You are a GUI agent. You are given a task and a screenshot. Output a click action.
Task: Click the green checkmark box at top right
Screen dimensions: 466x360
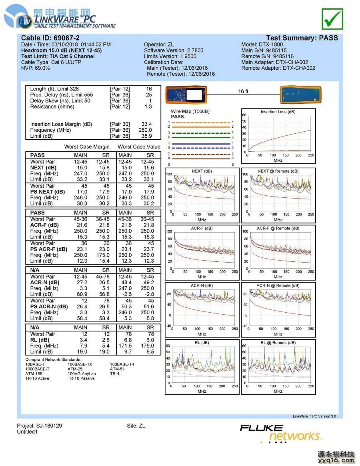click(x=332, y=18)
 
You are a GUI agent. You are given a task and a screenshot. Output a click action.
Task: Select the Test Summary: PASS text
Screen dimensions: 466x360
click(x=302, y=38)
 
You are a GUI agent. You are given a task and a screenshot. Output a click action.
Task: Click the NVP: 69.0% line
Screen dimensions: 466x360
click(x=36, y=68)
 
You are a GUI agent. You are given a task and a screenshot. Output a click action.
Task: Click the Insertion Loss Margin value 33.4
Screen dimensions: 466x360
click(x=147, y=124)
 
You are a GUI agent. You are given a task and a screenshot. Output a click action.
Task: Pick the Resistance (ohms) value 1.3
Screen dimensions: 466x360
click(x=148, y=106)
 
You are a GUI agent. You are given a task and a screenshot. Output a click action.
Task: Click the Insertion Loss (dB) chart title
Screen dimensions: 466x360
click(x=278, y=112)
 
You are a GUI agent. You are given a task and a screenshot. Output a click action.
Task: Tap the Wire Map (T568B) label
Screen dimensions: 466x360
click(x=190, y=111)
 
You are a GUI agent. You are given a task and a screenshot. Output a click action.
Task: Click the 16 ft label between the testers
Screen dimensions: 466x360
click(x=243, y=92)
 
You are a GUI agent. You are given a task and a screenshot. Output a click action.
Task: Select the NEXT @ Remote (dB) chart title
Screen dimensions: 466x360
click(x=278, y=171)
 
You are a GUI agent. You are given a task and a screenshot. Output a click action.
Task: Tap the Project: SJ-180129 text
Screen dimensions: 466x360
click(x=40, y=426)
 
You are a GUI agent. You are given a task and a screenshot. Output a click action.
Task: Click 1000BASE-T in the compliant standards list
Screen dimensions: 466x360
click(x=38, y=369)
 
